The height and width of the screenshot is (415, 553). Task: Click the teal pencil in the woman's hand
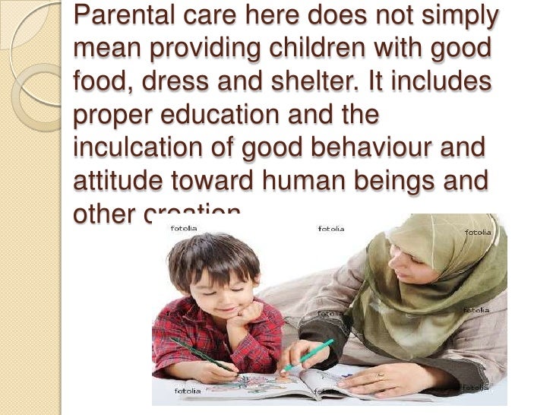pyautogui.click(x=310, y=354)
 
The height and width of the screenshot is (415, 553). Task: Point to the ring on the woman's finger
pyautogui.click(x=381, y=376)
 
